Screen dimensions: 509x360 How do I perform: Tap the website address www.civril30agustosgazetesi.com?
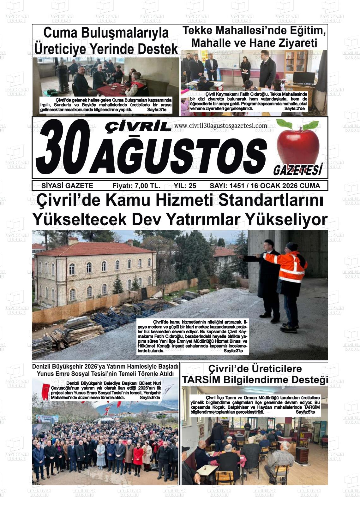click(220, 126)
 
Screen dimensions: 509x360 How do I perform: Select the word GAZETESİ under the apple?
click(297, 170)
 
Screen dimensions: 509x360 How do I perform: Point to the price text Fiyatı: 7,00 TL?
click(136, 186)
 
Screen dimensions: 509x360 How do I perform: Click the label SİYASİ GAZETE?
click(67, 186)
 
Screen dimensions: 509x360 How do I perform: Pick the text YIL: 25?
click(185, 186)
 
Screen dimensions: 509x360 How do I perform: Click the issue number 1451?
click(237, 186)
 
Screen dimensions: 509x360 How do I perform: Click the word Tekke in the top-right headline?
click(201, 31)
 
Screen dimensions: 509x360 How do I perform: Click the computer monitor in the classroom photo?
click(303, 78)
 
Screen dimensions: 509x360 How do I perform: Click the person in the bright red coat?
click(138, 454)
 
